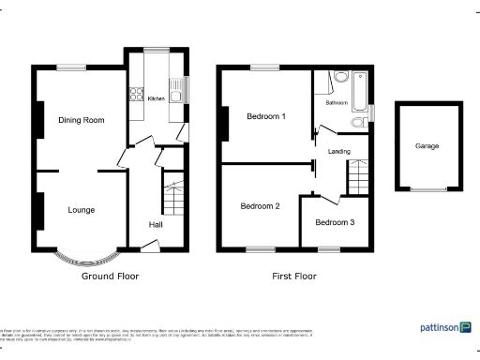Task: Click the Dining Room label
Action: coord(81,120)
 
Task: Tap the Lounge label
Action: coord(81,210)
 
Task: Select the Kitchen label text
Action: coord(156,97)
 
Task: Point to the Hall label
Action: coord(158,224)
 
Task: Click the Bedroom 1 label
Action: coord(265,116)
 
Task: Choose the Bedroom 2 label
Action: coord(260,206)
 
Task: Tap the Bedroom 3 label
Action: coord(335,222)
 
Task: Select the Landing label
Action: coord(339,150)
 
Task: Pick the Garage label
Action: coord(427,146)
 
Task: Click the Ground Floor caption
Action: coord(110,277)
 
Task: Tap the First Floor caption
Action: coord(293,277)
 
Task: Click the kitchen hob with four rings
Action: coord(131,94)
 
